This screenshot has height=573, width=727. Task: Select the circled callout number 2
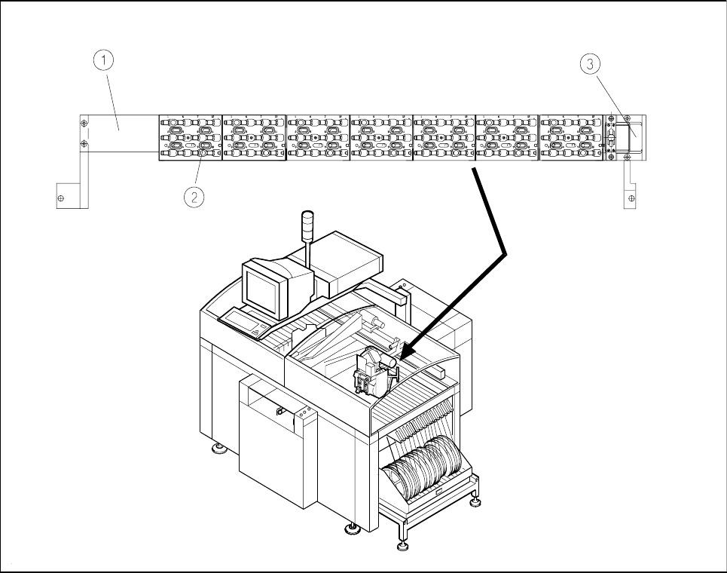[194, 198]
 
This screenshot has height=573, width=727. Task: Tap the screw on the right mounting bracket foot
[631, 198]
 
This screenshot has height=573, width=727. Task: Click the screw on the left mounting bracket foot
[61, 198]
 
